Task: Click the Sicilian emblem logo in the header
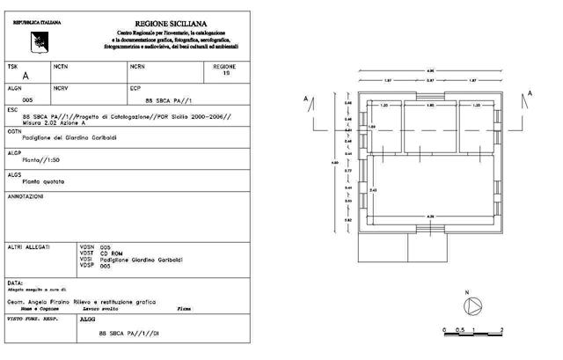pos(38,36)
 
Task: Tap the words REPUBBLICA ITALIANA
pos(33,18)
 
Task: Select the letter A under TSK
pos(25,77)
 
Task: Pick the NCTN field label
pos(60,66)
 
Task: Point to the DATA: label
pos(16,283)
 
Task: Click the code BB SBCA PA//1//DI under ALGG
pos(128,334)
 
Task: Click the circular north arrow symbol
pos(475,305)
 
